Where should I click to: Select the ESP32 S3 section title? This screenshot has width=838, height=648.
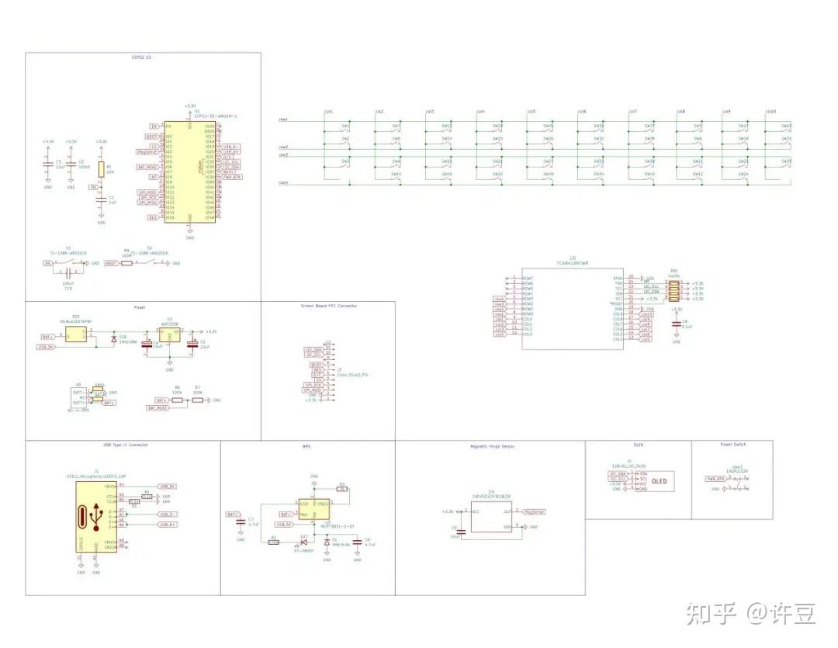coord(143,57)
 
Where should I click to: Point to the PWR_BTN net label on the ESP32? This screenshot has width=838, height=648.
coord(231,177)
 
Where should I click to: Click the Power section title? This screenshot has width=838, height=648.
coord(140,307)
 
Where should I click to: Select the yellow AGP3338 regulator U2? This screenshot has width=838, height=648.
coord(169,334)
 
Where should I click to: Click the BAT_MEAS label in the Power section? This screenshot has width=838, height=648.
coord(158,407)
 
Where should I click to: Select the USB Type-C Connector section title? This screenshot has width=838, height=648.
coord(126,445)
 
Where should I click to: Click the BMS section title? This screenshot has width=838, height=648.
coord(306,447)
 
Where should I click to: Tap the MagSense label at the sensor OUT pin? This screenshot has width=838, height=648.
coord(535,512)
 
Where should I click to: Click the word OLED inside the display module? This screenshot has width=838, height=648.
coord(660,481)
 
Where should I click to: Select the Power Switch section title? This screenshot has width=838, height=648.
coord(732,445)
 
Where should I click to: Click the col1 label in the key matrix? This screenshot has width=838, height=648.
coord(328,112)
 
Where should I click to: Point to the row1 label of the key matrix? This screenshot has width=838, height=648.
coord(284,120)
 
